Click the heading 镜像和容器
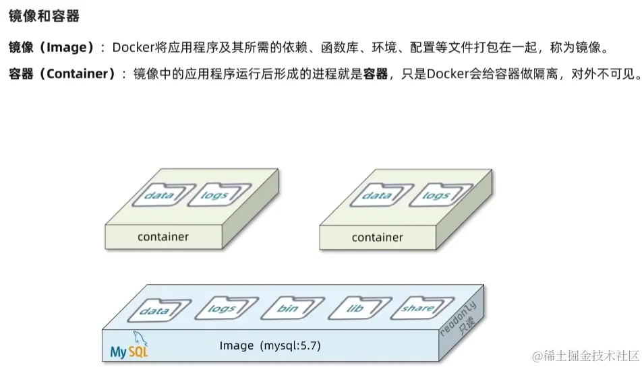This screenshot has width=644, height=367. [44, 15]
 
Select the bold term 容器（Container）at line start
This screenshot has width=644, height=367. [61, 74]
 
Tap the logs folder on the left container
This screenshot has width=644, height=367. [214, 195]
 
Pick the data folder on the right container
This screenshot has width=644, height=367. [376, 195]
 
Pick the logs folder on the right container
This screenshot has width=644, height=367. [435, 195]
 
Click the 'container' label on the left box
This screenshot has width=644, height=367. [163, 236]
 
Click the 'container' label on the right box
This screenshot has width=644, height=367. [378, 237]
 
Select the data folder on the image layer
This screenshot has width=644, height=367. [153, 311]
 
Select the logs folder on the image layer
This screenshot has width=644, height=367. [221, 309]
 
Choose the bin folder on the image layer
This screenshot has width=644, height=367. [287, 309]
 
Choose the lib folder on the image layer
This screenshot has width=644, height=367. [355, 308]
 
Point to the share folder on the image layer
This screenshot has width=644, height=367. [417, 308]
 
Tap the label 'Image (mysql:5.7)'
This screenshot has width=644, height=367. [270, 346]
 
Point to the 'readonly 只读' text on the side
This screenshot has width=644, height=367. [460, 319]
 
